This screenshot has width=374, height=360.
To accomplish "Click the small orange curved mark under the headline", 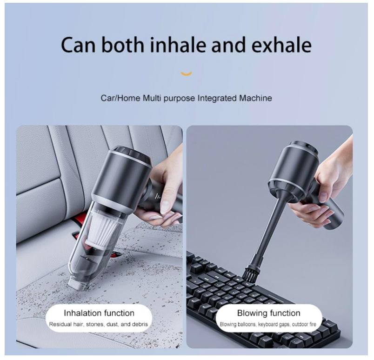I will click(x=186, y=73).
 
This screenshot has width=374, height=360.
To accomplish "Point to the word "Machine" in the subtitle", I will click(x=256, y=99).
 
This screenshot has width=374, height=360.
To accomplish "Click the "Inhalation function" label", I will click(x=99, y=313).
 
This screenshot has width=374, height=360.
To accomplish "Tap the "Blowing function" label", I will click(x=268, y=313).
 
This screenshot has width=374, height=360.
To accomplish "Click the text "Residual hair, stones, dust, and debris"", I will click(x=99, y=324).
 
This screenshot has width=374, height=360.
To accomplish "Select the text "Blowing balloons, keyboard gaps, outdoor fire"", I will click(x=268, y=324).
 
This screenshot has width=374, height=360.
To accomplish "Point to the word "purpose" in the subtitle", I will click(x=178, y=99).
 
